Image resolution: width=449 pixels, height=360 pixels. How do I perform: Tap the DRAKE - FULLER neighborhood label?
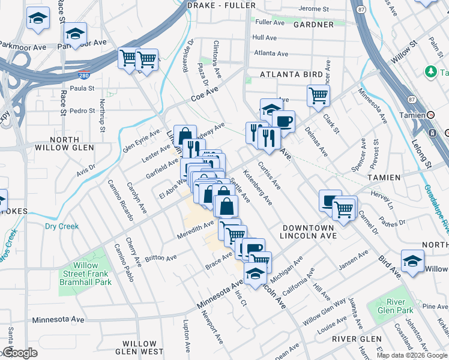(221, 5)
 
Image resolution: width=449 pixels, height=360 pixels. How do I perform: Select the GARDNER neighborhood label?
(313, 25)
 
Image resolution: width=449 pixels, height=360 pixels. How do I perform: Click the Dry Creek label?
(61, 226)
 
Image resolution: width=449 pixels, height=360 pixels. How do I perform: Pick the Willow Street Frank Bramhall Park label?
(85, 274)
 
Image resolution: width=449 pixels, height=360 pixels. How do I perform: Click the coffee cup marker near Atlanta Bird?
(283, 121)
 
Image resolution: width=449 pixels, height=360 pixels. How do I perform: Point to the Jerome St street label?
(313, 9)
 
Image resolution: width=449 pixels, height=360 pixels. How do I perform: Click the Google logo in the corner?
(19, 352)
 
